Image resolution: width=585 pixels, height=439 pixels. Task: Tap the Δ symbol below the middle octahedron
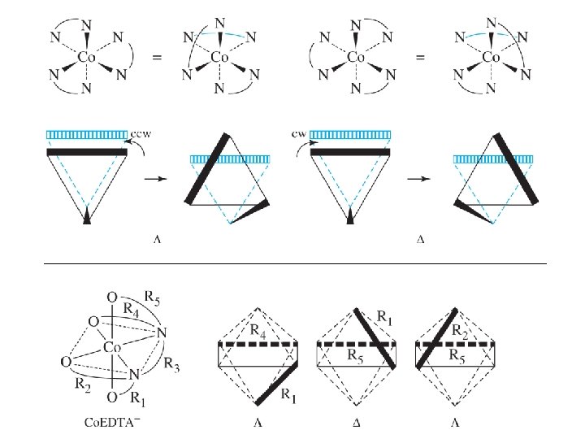pos(357,422)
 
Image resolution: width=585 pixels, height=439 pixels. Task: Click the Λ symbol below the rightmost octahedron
pos(456,422)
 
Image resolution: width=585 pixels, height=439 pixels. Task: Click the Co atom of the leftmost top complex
pos(87,58)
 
